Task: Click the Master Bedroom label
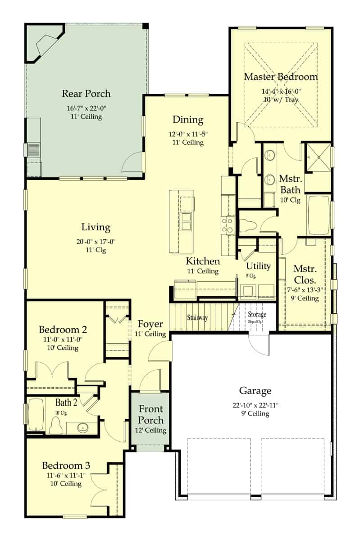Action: (x=281, y=77)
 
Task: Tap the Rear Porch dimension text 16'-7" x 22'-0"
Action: (x=86, y=108)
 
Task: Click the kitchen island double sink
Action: (x=186, y=221)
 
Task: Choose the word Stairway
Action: (x=197, y=318)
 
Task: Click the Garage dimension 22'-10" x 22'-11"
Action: (x=255, y=405)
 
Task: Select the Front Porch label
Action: (x=150, y=415)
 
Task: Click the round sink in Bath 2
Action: (x=82, y=427)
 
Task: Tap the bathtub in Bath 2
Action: (x=36, y=416)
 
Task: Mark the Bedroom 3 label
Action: (x=66, y=465)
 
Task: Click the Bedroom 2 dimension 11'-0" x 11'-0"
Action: (x=63, y=339)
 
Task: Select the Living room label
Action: (x=96, y=227)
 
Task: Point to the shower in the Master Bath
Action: (x=319, y=157)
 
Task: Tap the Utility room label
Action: (x=258, y=266)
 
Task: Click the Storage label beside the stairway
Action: (x=256, y=314)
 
